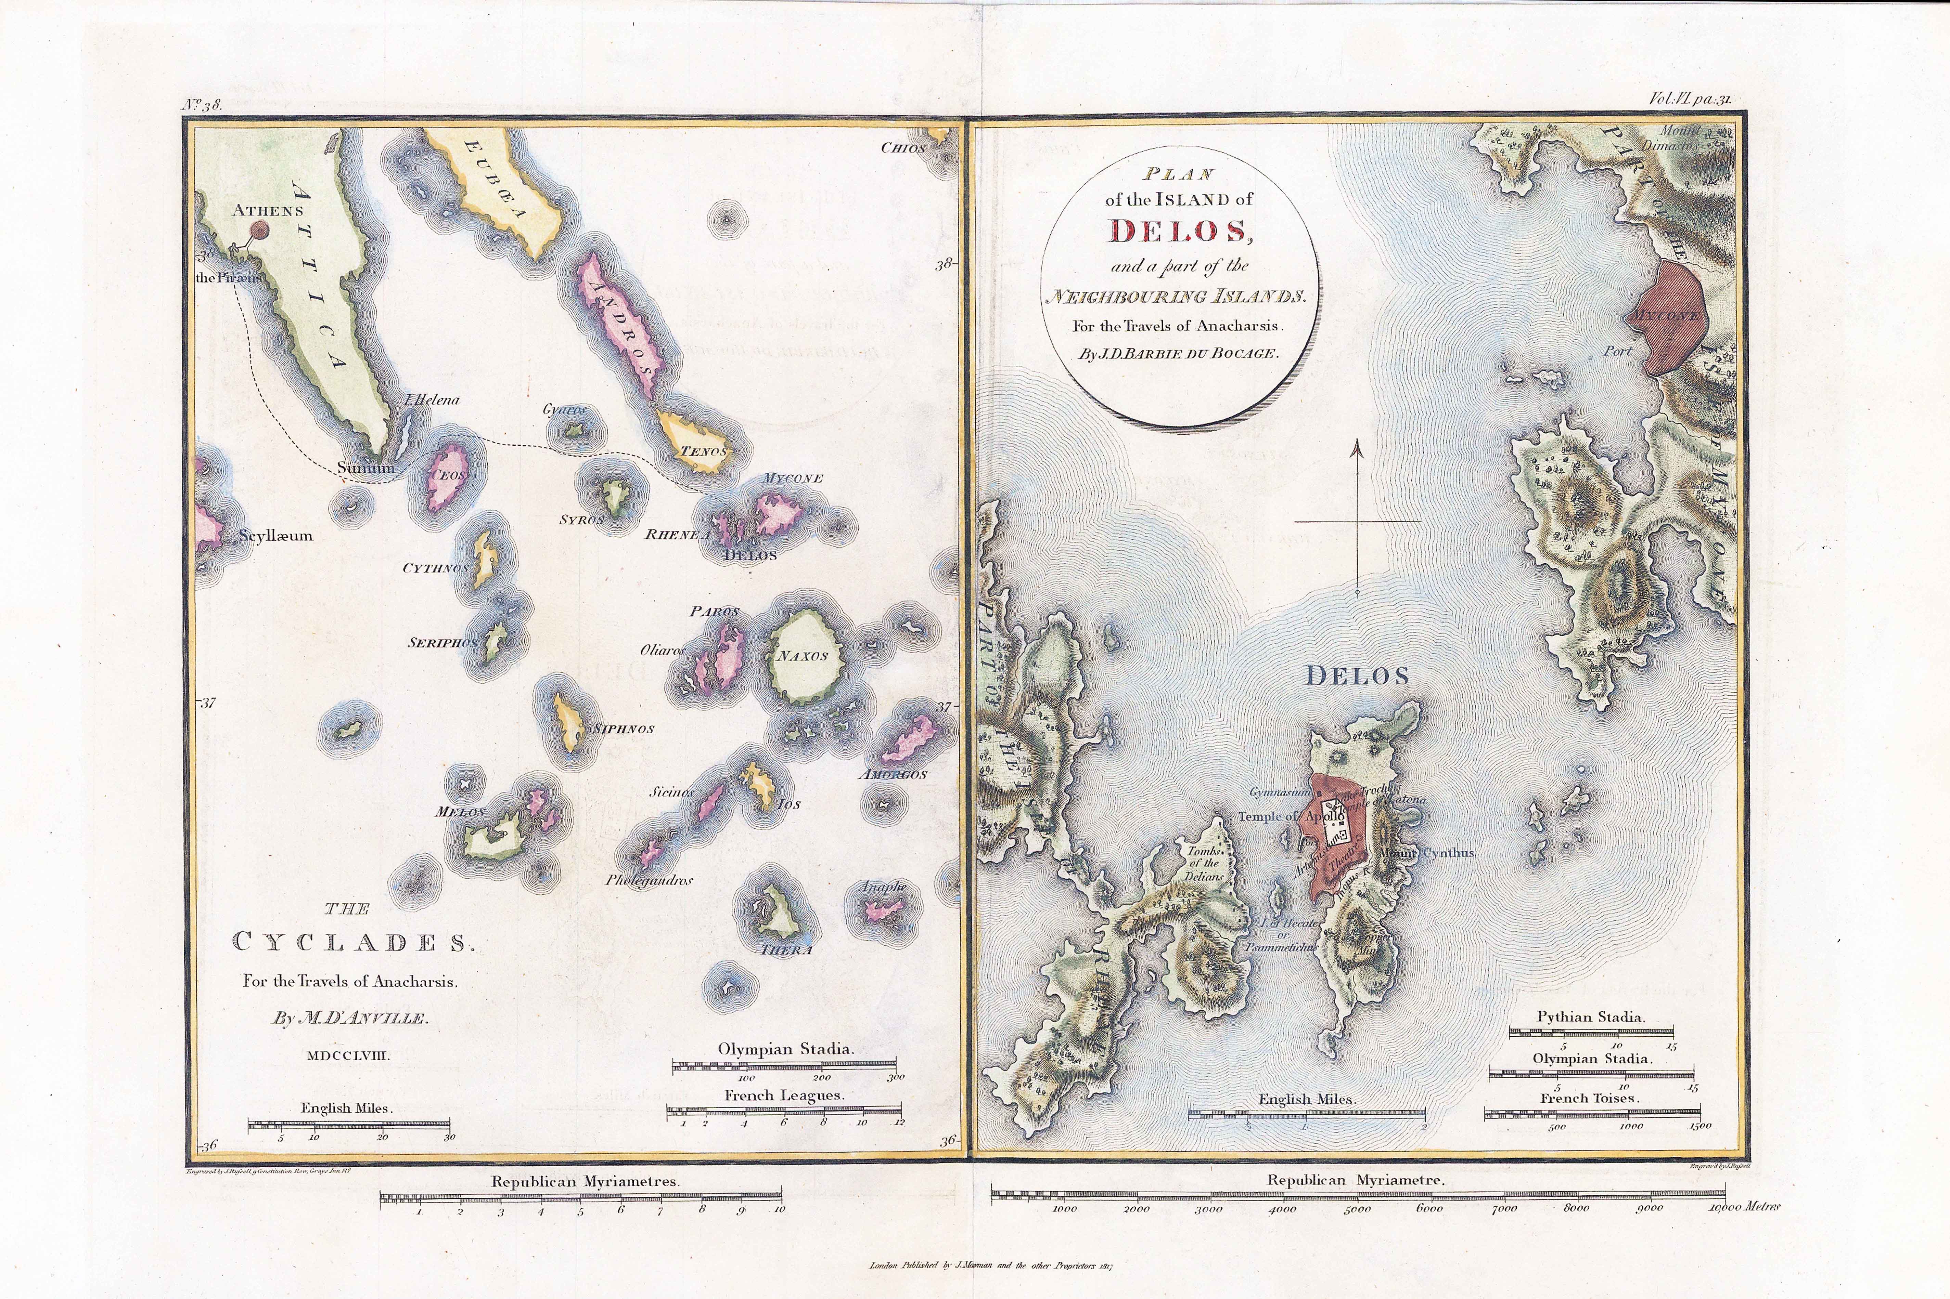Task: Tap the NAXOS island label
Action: click(x=803, y=656)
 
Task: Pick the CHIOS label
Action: click(x=902, y=148)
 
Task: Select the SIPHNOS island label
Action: click(x=623, y=729)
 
